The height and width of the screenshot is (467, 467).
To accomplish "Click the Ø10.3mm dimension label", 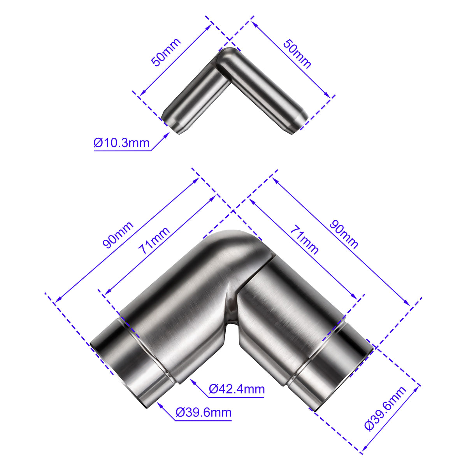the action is coord(121,143).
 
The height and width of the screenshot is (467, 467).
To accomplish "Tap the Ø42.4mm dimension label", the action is coord(237,389).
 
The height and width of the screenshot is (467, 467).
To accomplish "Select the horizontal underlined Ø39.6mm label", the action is coord(204,412).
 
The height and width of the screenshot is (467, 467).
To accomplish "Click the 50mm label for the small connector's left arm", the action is coord(166,52).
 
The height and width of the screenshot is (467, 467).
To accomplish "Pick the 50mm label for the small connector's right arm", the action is coord(297,54).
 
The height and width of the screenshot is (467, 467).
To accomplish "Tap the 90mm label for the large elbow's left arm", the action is coord(118,235).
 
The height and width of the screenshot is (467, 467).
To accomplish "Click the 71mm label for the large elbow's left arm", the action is coord(154,240).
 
